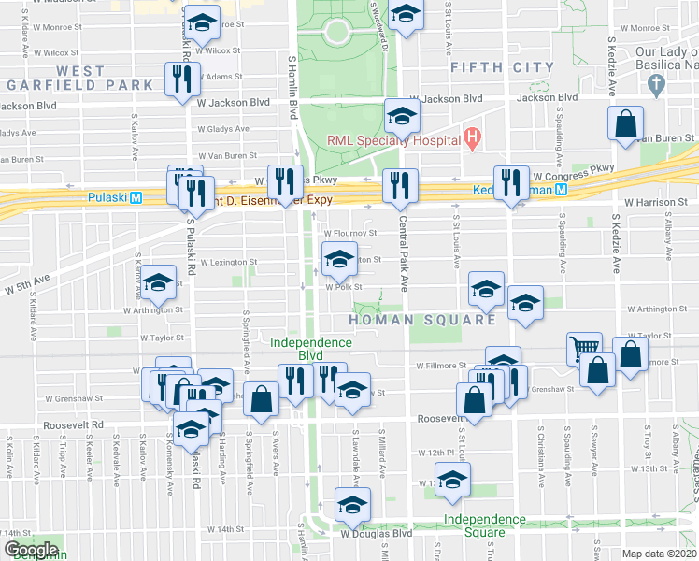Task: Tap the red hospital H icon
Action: point(472,141)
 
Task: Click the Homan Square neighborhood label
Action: point(421,320)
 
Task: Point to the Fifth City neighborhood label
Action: point(502,67)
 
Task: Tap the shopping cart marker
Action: point(584,348)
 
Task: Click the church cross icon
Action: point(657,86)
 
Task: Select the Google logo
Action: point(30,550)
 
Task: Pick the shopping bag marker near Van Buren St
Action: point(625,122)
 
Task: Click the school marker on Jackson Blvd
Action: point(402,115)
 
